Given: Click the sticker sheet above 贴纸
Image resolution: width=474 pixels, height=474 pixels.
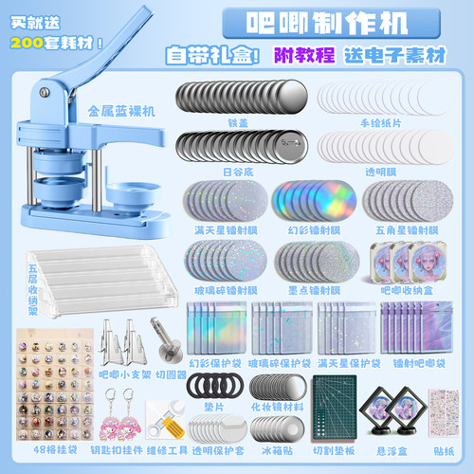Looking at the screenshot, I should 445,415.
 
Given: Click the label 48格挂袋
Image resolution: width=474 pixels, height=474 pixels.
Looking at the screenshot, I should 47,453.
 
